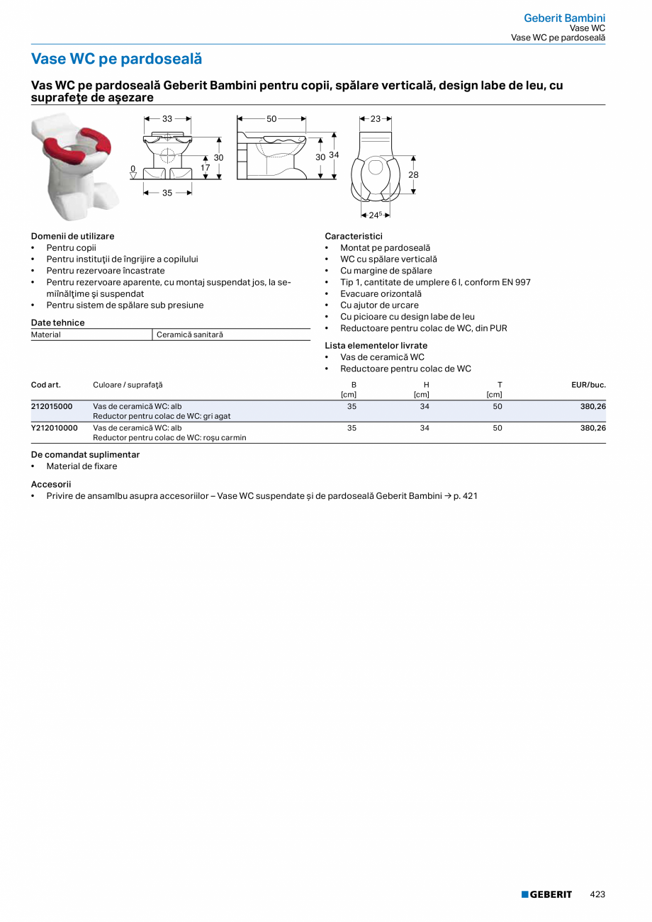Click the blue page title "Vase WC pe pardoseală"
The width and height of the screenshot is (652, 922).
click(116, 59)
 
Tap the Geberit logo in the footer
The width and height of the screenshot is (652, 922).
click(546, 894)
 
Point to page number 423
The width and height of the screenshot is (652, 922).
click(597, 894)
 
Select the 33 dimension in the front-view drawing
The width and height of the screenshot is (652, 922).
click(167, 119)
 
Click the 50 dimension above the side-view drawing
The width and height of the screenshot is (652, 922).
click(271, 119)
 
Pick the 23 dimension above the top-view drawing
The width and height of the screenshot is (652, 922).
click(376, 119)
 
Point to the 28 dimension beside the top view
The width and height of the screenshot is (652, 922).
click(413, 174)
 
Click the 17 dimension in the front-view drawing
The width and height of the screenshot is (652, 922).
click(205, 168)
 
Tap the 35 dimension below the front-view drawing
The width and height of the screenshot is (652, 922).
click(167, 192)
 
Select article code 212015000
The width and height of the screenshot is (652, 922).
click(52, 406)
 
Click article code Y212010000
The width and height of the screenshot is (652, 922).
click(55, 428)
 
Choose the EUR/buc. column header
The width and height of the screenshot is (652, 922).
click(588, 385)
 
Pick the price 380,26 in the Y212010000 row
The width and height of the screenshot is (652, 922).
click(592, 428)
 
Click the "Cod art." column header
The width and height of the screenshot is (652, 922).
click(46, 385)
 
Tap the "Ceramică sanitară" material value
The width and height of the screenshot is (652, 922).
click(189, 334)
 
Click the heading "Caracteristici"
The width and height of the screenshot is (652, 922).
click(354, 236)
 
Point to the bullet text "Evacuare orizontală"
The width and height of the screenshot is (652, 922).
click(381, 293)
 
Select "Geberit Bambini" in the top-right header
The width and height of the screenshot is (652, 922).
click(564, 18)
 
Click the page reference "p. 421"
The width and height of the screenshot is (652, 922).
click(465, 496)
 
